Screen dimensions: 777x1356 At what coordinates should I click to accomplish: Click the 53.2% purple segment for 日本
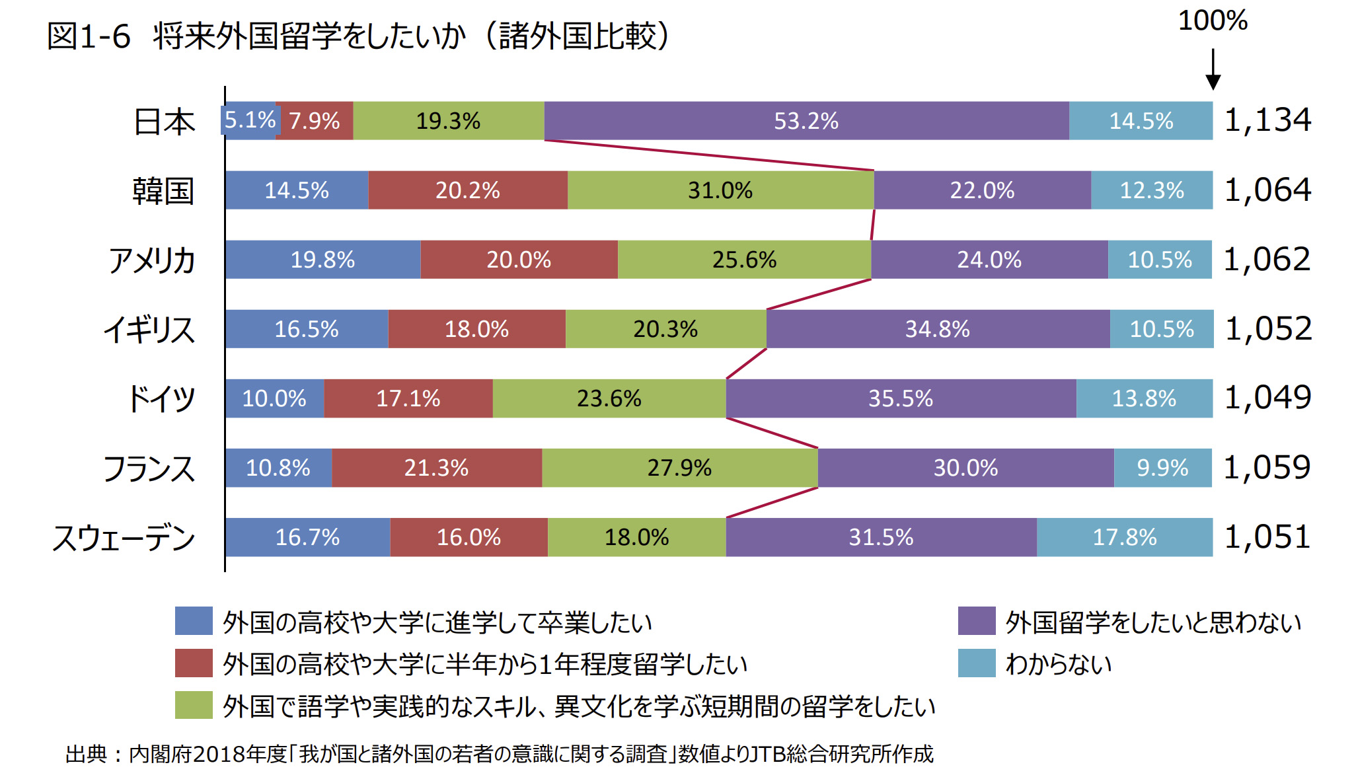[x=806, y=121]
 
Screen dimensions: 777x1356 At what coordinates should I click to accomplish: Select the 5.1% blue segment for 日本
[x=249, y=120]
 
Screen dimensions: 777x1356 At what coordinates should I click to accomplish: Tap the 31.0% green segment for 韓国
[x=720, y=190]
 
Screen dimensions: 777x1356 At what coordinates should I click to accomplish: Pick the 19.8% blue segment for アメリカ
[x=322, y=260]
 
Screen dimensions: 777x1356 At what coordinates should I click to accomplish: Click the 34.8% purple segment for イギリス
[x=938, y=329]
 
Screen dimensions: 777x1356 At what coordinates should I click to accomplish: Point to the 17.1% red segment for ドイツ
[x=408, y=398]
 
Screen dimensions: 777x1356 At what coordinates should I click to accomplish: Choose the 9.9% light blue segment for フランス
[x=1162, y=468]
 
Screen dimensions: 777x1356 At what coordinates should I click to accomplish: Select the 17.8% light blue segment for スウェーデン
[x=1125, y=537]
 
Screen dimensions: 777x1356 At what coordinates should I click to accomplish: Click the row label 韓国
[x=163, y=191]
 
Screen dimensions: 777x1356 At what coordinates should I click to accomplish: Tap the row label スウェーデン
[x=124, y=538]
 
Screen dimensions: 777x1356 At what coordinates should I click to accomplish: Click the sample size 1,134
[x=1267, y=120]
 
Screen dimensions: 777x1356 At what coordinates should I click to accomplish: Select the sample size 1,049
[x=1267, y=398]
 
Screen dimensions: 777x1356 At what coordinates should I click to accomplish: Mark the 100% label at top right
[x=1213, y=20]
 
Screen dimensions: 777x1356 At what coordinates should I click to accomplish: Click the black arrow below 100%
[x=1213, y=70]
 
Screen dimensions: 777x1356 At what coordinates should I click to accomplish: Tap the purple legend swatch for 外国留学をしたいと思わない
[x=976, y=621]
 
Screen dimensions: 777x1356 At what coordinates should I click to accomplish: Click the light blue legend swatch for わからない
[x=976, y=663]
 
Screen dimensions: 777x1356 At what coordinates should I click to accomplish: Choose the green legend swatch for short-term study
[x=194, y=705]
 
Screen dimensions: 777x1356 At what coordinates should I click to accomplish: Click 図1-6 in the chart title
[x=89, y=36]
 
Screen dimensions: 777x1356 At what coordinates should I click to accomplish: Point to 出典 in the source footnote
[x=86, y=754]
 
